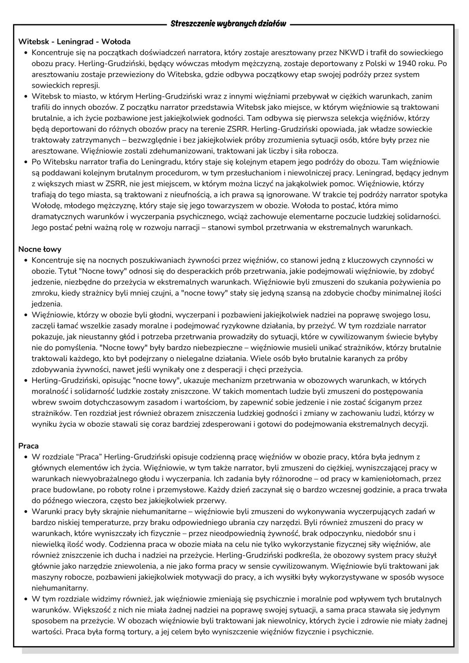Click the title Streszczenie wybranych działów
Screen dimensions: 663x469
point(228,23)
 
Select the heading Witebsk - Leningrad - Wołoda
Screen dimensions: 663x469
point(74,42)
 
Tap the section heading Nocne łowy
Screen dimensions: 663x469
point(40,249)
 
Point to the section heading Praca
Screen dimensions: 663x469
point(28,446)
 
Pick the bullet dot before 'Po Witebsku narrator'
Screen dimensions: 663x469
point(26,162)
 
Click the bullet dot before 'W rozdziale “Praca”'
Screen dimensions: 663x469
point(26,457)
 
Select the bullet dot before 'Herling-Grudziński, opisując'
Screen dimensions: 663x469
point(26,380)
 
